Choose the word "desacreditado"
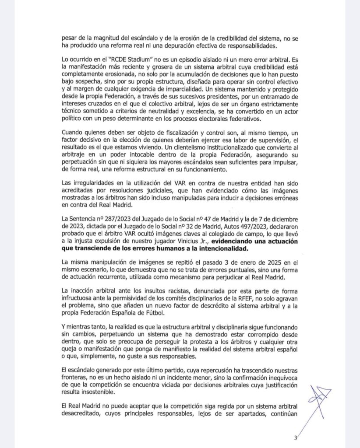(x=83, y=414)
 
